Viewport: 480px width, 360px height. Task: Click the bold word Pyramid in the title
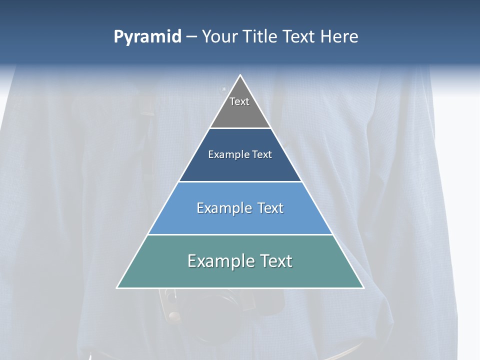tap(147, 37)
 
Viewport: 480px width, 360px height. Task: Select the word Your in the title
tap(219, 37)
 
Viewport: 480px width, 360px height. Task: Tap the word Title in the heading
tap(260, 37)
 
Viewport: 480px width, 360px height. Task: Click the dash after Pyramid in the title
tap(191, 37)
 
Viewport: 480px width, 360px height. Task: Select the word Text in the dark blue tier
tap(262, 155)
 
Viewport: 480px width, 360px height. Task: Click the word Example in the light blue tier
tap(222, 208)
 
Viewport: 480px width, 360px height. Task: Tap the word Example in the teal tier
tap(216, 261)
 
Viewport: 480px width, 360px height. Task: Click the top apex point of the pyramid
tap(240, 75)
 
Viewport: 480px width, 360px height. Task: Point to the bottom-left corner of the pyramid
tap(117, 287)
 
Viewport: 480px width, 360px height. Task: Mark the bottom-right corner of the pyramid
tap(363, 287)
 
